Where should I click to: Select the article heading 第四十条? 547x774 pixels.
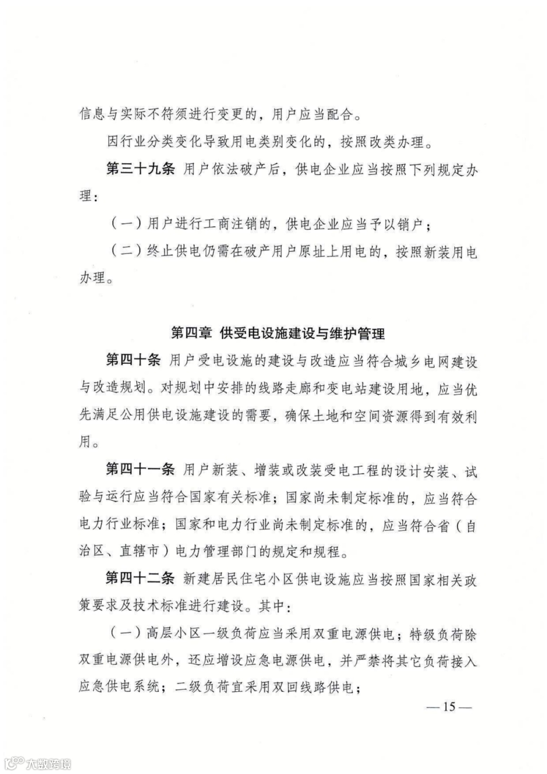point(133,360)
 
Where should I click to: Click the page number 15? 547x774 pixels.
point(449,707)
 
